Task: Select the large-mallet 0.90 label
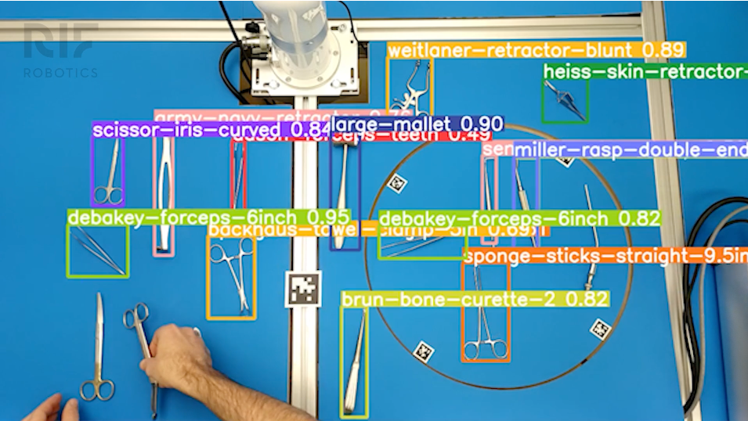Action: tap(416, 124)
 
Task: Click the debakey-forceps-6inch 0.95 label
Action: tap(208, 217)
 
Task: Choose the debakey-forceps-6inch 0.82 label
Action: tap(519, 218)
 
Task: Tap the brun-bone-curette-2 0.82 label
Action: tap(475, 299)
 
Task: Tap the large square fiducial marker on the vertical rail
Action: tap(302, 289)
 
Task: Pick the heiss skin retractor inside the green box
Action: tap(566, 99)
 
